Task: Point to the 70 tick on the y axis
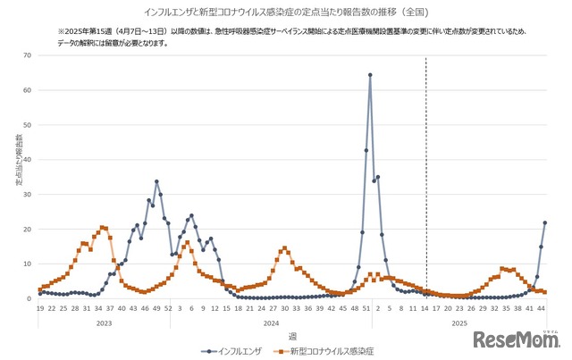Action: [29, 55]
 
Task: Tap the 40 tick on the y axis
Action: [29, 160]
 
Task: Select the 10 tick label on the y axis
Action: [29, 264]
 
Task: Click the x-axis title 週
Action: [292, 336]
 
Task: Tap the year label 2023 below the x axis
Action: [104, 322]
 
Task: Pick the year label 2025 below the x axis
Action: [459, 322]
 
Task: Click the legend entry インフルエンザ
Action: [234, 352]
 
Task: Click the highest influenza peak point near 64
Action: [370, 75]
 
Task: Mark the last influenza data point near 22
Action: [544, 222]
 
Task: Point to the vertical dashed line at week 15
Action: [425, 179]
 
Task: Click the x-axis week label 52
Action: [168, 308]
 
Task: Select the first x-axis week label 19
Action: [40, 308]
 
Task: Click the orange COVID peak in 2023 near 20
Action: [103, 227]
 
